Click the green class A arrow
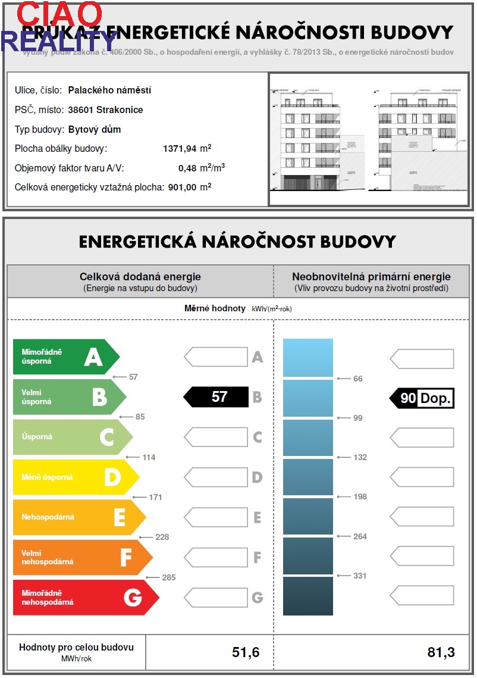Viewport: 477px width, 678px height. point(65,357)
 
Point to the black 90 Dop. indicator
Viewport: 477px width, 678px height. point(422,398)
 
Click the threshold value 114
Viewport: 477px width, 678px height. point(149,457)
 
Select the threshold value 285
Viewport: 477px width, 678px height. point(169,577)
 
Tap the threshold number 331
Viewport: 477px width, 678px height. point(360,576)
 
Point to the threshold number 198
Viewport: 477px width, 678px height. point(360,496)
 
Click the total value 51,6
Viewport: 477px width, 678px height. point(246,652)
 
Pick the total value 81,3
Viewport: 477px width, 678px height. point(441,652)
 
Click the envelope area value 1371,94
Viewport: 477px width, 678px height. point(180,149)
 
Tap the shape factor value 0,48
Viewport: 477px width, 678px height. point(187,168)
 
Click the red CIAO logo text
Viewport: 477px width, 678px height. point(59,14)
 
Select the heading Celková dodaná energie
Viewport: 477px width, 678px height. point(140,277)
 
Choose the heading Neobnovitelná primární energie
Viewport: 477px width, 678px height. point(371,277)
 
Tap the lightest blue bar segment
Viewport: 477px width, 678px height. point(307,357)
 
